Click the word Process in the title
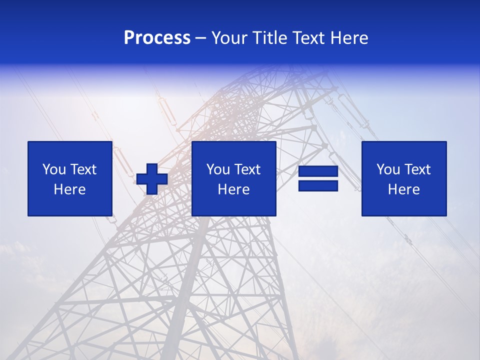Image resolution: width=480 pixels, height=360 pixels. pos(157,38)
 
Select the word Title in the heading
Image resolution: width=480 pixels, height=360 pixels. pos(269,38)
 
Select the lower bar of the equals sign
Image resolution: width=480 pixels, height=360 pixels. pos(318,185)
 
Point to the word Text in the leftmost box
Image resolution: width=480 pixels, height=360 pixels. pos(83,169)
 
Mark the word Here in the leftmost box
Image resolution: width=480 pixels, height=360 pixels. pos(70,189)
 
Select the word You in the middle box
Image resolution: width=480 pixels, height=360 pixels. pos(218,169)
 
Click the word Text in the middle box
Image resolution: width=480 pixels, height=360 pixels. pos(247,169)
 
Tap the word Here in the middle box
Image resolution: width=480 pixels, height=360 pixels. pos(234,189)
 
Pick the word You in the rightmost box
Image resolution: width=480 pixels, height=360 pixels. pos(388,169)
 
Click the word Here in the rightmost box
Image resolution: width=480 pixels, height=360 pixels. pos(404,189)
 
